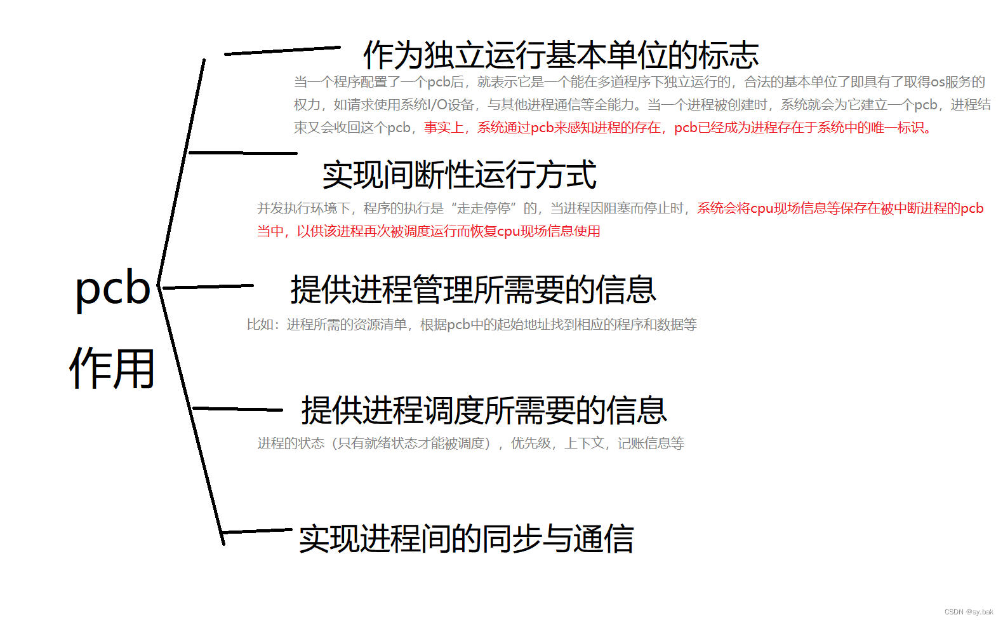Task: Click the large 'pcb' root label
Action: [x=112, y=288]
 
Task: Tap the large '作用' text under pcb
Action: [x=112, y=368]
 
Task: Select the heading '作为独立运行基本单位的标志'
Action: [x=561, y=55]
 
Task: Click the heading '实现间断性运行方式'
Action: [x=459, y=175]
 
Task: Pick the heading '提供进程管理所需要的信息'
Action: [x=473, y=290]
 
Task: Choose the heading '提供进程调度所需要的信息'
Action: [x=484, y=410]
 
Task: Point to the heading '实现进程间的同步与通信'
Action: [x=466, y=539]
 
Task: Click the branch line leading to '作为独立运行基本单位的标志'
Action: [x=282, y=50]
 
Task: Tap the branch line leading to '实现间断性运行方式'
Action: [x=243, y=152]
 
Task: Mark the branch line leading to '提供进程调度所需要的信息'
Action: [x=237, y=409]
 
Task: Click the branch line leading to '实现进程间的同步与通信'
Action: [x=257, y=531]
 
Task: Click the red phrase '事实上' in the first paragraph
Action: [x=444, y=128]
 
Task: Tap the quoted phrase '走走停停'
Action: [x=483, y=208]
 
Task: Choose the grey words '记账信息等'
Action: [x=651, y=443]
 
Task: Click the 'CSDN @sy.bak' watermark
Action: [x=969, y=612]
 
